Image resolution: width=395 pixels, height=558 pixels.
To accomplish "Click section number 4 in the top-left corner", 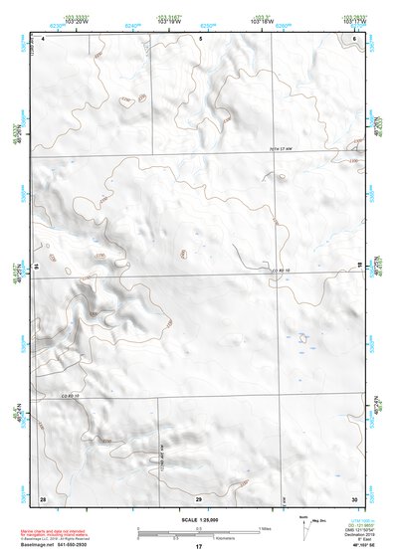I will (43, 39).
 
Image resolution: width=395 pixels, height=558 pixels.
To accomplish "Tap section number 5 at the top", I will (200, 38).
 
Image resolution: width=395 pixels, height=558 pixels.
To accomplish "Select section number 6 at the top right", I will (355, 38).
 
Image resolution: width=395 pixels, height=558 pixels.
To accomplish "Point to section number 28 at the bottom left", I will (43, 497).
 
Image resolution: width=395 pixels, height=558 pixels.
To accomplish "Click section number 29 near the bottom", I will (199, 497).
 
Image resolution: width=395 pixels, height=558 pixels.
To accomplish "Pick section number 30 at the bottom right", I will (354, 497).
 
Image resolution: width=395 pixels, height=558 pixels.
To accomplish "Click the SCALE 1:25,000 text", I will (198, 518).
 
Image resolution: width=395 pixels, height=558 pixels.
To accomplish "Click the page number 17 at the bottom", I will (198, 547).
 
